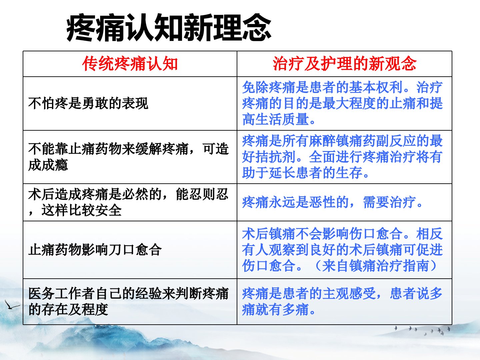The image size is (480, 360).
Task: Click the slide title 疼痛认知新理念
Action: [169, 28]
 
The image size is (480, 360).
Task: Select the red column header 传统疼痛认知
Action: [130, 64]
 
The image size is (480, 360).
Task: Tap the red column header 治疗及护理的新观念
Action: [344, 64]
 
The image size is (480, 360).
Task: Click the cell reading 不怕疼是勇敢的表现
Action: [88, 103]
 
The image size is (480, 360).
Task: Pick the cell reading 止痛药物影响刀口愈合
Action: [95, 250]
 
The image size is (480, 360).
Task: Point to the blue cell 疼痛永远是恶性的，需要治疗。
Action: [332, 202]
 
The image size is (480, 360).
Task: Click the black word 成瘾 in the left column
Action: [55, 165]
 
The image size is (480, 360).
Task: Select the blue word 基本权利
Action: [375, 87]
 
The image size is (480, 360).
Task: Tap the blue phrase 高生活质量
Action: [276, 119]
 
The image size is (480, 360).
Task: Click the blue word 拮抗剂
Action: [276, 157]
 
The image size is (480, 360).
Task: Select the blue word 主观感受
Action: [349, 293]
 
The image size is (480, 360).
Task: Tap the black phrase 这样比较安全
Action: [82, 210]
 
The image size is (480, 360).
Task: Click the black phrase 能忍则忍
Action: [202, 194]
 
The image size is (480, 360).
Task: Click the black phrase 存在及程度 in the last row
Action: [75, 310]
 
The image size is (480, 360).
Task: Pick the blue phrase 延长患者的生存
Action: [316, 173]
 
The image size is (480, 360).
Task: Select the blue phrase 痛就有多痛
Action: [276, 310]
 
